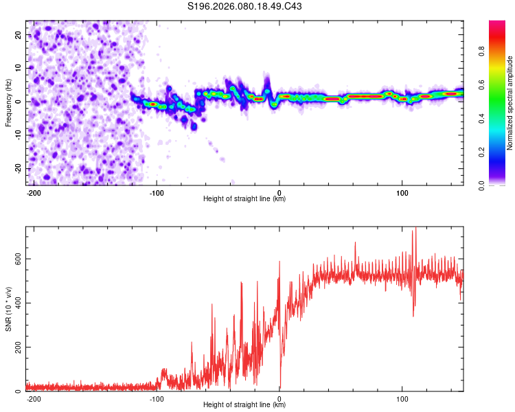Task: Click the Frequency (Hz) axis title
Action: [9, 103]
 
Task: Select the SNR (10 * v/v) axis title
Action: [9, 309]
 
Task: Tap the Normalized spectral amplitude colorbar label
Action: [510, 103]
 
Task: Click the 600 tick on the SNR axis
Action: [16, 259]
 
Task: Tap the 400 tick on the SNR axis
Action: [16, 303]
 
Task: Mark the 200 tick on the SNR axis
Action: [16, 347]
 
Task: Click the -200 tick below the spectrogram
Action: [33, 192]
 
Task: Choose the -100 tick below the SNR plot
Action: [156, 398]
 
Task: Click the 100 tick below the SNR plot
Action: [402, 398]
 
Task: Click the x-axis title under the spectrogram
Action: [244, 199]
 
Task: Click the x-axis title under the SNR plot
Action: [244, 405]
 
